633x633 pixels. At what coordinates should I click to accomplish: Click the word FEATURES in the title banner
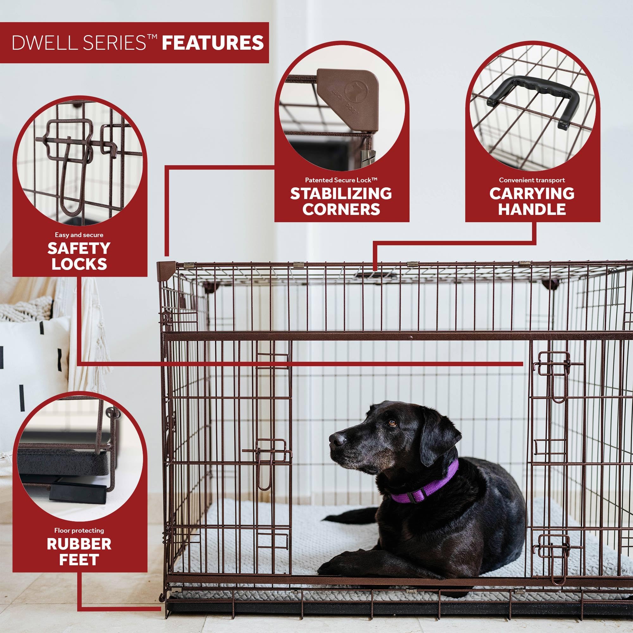point(213,43)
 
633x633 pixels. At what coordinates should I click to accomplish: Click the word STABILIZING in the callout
point(341,194)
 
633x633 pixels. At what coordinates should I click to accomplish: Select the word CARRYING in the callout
point(532,194)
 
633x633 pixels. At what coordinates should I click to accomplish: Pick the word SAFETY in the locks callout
point(79,248)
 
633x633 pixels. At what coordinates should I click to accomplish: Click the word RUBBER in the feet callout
point(79,544)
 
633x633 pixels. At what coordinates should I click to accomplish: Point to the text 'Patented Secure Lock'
point(341,180)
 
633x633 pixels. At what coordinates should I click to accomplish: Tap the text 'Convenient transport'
point(532,180)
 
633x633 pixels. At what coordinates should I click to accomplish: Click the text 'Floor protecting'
point(79,530)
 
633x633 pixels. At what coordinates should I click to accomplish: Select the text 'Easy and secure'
point(79,235)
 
